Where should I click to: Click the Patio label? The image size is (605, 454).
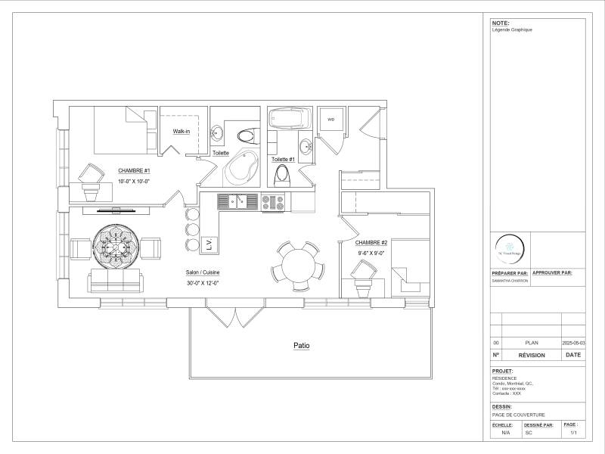coord(301,346)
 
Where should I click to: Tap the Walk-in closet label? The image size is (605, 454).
coord(181,132)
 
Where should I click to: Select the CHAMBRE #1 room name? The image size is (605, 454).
coord(134,171)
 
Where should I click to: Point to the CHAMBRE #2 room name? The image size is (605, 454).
coord(371,242)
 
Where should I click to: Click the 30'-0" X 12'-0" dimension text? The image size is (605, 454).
coord(202,283)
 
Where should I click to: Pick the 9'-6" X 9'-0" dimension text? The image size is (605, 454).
coord(371,253)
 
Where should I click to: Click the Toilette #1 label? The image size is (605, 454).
coord(283,160)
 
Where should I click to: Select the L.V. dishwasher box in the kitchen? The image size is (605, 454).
coord(209,244)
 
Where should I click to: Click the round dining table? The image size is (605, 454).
coord(296,265)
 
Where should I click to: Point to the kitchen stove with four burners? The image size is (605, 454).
coord(272,202)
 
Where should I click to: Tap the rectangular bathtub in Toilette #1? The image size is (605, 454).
coord(289,119)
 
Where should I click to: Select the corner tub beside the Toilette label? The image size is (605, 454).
coord(241,166)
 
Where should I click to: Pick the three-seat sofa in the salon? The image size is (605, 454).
coord(114,281)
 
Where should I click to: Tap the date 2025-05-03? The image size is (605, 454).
coord(574,343)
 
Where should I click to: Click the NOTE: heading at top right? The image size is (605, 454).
coord(501,23)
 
